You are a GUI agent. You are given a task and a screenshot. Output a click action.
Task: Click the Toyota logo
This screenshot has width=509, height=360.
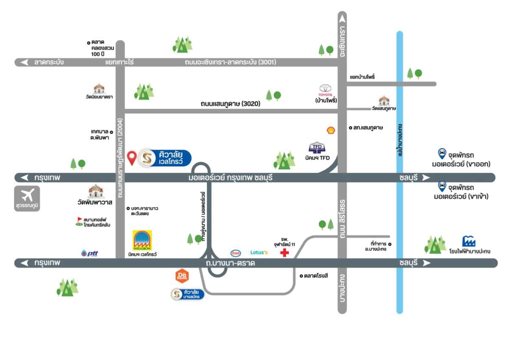click(326, 88)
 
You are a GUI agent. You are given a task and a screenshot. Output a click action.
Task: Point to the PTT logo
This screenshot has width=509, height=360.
click(89, 253)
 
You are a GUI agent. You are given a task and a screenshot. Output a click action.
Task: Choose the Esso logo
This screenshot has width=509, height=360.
click(235, 253)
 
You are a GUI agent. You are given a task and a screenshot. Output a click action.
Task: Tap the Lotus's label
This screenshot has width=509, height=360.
click(259, 253)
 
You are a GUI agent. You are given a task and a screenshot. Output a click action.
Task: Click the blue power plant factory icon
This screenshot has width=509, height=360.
click(469, 242)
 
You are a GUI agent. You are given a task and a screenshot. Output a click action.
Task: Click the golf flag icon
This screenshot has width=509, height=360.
click(79, 221)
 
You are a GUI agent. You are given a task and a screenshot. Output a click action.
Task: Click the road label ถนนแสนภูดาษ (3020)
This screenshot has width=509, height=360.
click(231, 103)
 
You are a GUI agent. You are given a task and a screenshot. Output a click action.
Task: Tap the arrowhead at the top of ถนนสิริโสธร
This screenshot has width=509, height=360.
click(342, 17)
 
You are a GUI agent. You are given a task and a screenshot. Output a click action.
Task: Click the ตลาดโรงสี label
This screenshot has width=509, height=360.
click(316, 276)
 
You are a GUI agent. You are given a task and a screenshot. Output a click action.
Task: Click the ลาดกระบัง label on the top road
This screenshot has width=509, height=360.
click(49, 62)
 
